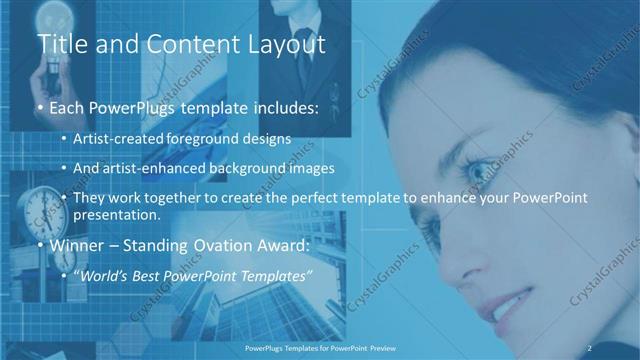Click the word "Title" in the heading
(x=61, y=45)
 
